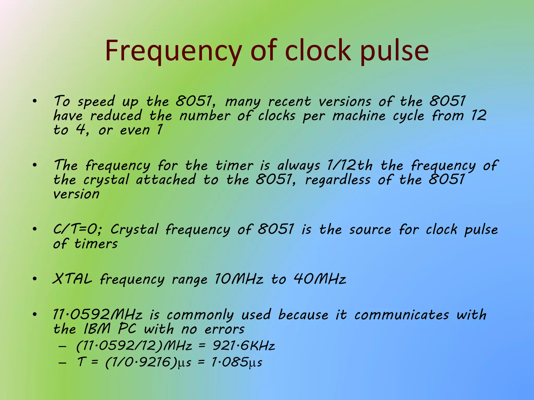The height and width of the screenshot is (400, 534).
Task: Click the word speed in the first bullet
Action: point(96,102)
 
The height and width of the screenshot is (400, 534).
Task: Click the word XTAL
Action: point(72,279)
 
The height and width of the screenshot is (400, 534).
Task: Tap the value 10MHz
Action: point(239,279)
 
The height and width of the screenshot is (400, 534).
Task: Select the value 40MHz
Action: point(320,279)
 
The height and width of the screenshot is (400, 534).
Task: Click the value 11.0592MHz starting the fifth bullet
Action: point(98,315)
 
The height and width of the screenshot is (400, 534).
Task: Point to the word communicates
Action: point(402,315)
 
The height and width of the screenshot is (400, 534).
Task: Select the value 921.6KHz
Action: point(244,346)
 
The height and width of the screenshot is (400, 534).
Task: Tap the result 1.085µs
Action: point(236,362)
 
